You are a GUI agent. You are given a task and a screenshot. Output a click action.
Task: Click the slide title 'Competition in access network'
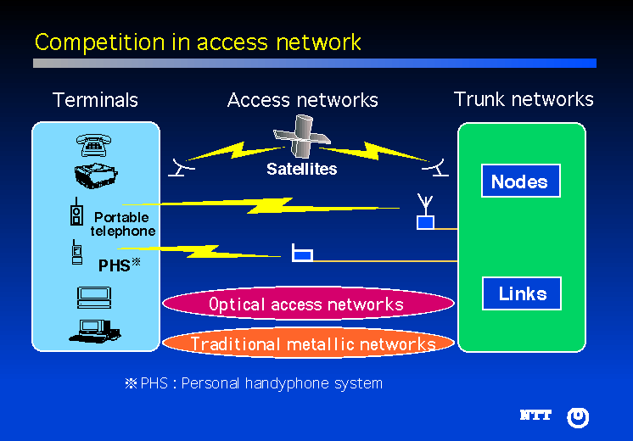tap(198, 42)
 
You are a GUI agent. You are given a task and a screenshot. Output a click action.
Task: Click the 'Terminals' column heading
tap(95, 100)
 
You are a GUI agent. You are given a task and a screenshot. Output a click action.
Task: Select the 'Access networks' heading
tap(302, 100)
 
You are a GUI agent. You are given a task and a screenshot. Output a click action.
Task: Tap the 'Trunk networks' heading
tap(524, 99)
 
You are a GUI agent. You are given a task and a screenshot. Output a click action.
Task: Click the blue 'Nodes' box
tap(520, 181)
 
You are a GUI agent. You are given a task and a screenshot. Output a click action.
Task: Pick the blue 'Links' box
tap(522, 293)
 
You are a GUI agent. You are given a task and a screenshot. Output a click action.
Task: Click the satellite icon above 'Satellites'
tap(301, 142)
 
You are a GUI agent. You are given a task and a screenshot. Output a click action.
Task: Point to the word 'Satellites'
tap(301, 169)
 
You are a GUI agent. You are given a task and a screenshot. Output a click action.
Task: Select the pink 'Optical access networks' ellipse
tap(306, 304)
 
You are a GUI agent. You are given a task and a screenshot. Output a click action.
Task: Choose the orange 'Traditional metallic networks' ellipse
tap(312, 343)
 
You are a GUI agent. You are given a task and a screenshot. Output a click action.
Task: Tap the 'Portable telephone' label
tap(123, 224)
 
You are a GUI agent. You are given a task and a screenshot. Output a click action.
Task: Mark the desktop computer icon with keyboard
tap(92, 330)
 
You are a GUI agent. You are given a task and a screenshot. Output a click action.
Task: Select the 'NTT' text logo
tap(535, 416)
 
